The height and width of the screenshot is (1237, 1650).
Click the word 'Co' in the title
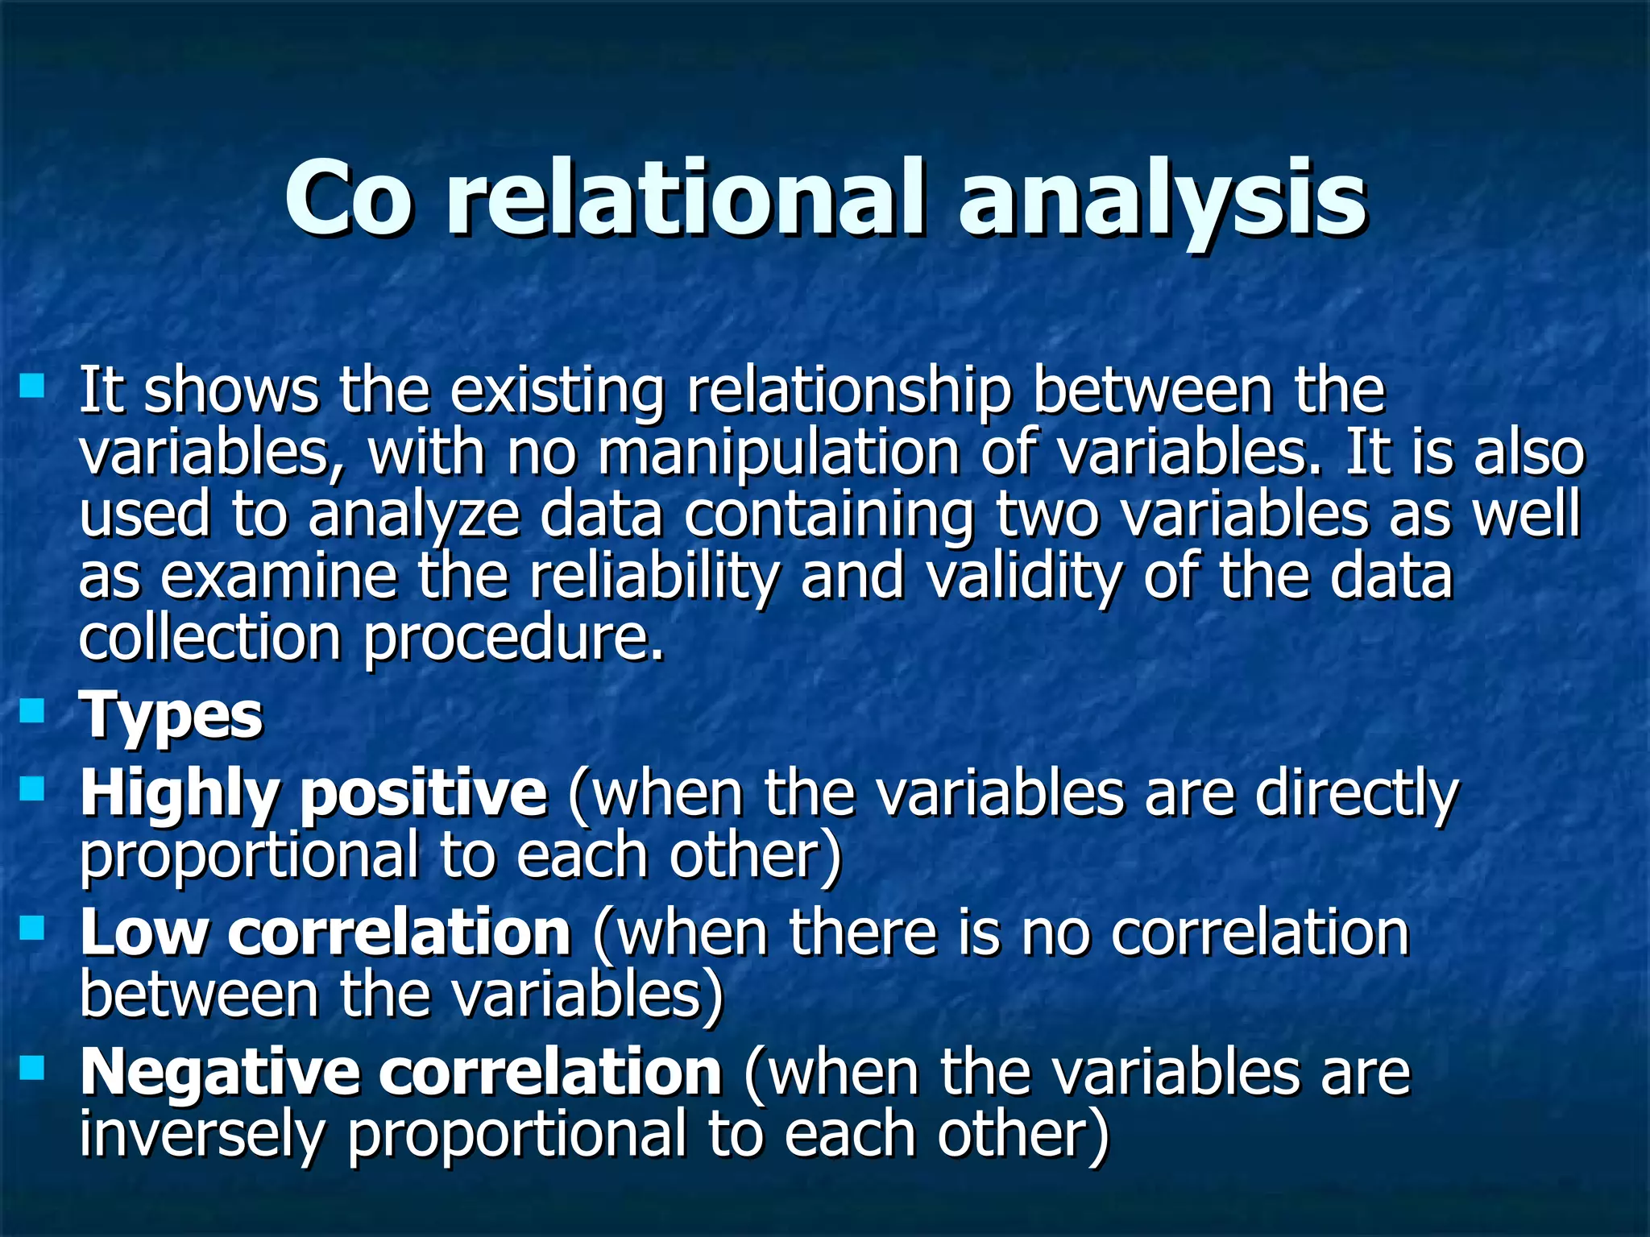pyautogui.click(x=348, y=197)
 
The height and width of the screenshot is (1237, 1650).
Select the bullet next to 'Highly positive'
pyautogui.click(x=32, y=788)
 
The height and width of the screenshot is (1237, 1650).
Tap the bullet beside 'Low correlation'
pyautogui.click(x=32, y=929)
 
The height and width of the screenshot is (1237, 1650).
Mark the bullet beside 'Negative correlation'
pyautogui.click(x=32, y=1069)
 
